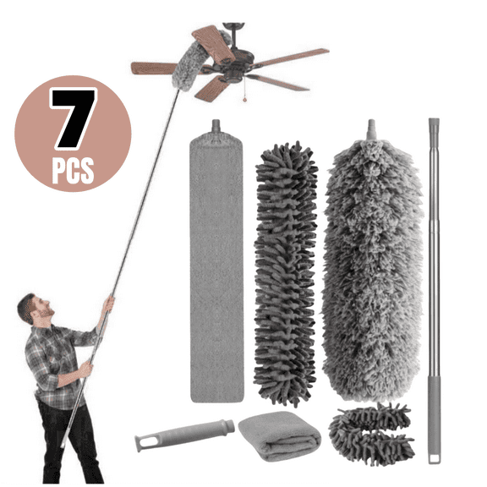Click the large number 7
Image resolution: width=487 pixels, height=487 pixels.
[x=72, y=118]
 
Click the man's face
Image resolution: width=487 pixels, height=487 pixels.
[x=32, y=310]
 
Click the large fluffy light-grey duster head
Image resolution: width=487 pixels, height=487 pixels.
[x=372, y=262]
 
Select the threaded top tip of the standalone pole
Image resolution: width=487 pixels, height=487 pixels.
[x=433, y=127]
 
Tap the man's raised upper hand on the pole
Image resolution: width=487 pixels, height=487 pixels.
[x=107, y=302]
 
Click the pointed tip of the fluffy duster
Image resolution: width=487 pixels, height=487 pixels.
[x=369, y=129]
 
